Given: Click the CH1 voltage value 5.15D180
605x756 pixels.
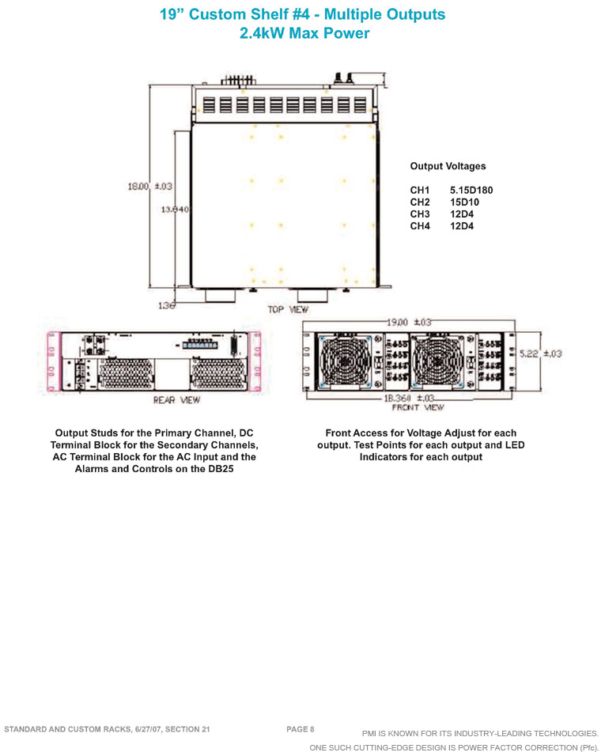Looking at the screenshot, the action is [x=471, y=191].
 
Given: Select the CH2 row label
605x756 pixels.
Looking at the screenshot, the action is [x=420, y=202].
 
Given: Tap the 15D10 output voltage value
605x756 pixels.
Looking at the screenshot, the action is [x=464, y=202].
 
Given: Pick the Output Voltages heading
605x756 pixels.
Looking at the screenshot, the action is [x=448, y=166].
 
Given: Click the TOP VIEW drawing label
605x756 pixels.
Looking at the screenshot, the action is [x=288, y=309].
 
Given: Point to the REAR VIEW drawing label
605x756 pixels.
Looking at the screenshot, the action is [x=176, y=400].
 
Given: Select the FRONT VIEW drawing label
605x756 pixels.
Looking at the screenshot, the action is [x=418, y=408].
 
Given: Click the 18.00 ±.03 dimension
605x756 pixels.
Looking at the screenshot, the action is [x=150, y=186].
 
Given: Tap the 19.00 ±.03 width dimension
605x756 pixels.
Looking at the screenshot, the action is [x=409, y=322].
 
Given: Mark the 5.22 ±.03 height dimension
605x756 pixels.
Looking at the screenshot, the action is [x=540, y=353].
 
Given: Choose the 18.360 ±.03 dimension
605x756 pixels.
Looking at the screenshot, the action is [x=409, y=399].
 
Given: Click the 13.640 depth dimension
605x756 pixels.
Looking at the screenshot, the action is [x=175, y=210].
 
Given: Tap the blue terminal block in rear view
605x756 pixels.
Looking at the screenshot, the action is [x=200, y=346].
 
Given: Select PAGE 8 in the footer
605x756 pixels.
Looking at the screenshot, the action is [x=300, y=729].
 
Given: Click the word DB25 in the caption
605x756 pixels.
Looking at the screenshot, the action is [x=221, y=469].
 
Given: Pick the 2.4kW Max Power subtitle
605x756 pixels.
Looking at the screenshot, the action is [x=304, y=33].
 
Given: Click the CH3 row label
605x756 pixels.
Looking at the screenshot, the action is [x=420, y=214].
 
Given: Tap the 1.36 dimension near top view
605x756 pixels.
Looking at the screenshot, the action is [x=166, y=306].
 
